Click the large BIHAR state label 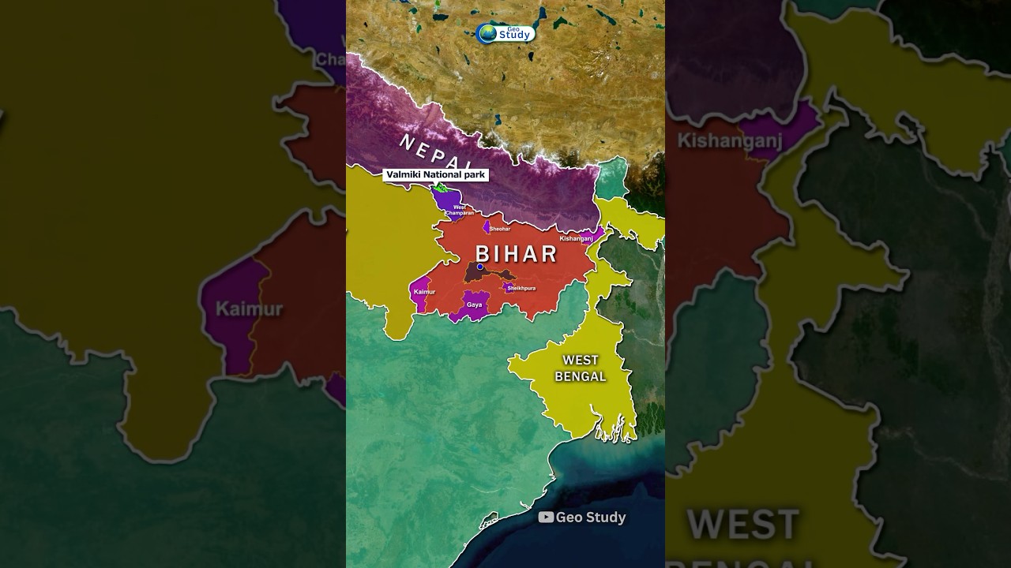(x=516, y=254)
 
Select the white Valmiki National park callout (x=436, y=174)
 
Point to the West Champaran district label (x=459, y=211)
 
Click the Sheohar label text (x=500, y=229)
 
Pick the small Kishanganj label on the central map (x=576, y=237)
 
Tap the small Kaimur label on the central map (x=424, y=292)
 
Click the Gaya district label (x=474, y=305)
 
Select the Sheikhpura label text (x=521, y=288)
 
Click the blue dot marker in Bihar (x=480, y=267)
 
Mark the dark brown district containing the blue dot (x=474, y=275)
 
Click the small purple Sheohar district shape (x=487, y=227)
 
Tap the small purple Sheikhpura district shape (x=508, y=288)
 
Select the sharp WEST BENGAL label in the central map (x=581, y=368)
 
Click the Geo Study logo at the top (x=506, y=34)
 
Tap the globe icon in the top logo (x=487, y=34)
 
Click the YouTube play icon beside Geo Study (x=546, y=518)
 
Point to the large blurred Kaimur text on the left (x=249, y=308)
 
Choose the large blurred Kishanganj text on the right (x=730, y=141)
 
